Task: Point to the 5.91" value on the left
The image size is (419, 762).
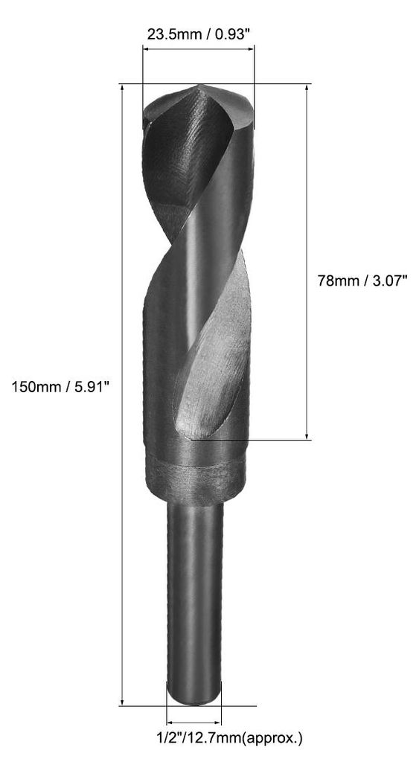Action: pos(92,387)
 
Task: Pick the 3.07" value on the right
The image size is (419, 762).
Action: pos(389,281)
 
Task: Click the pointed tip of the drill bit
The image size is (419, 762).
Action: pos(199,86)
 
